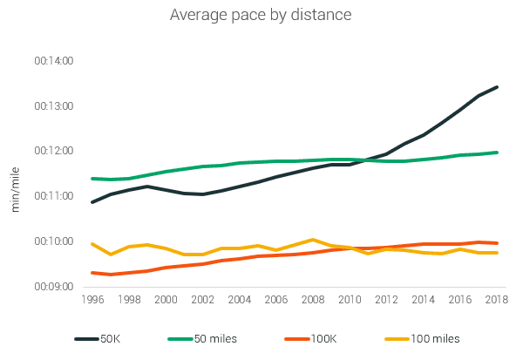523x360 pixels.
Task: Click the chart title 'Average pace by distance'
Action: pyautogui.click(x=261, y=15)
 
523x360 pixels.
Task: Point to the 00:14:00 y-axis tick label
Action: pyautogui.click(x=53, y=61)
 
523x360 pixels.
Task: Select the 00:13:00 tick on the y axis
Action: pyautogui.click(x=53, y=106)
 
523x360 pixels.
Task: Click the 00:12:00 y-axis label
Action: pyautogui.click(x=53, y=151)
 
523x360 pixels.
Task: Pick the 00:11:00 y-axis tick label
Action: pyautogui.click(x=53, y=196)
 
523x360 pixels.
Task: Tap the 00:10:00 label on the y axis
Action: pyautogui.click(x=53, y=241)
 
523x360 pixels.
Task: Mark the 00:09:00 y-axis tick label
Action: pyautogui.click(x=53, y=286)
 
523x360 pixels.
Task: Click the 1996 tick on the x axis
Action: pyautogui.click(x=92, y=299)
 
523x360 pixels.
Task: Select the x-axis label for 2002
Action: pyautogui.click(x=202, y=299)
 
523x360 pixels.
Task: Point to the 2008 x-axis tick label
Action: pyautogui.click(x=313, y=299)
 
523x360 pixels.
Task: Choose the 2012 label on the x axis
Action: pyautogui.click(x=386, y=299)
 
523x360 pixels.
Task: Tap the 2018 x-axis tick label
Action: pyautogui.click(x=497, y=299)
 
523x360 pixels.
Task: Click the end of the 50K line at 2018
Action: pyautogui.click(x=497, y=87)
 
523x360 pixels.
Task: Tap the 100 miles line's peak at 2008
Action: pyautogui.click(x=313, y=240)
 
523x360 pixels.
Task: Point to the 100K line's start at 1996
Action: pyautogui.click(x=92, y=273)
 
